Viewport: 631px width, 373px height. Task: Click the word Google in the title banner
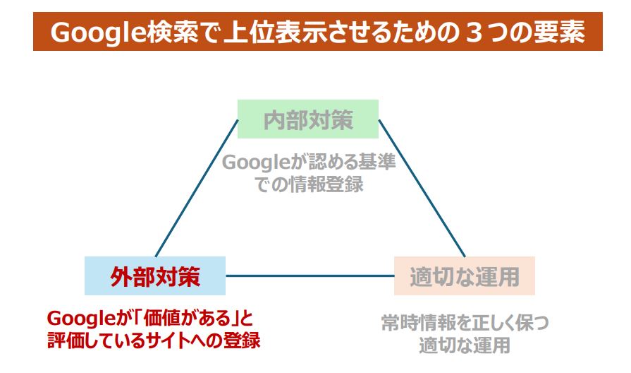click(98, 32)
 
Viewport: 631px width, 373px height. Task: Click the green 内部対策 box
click(308, 119)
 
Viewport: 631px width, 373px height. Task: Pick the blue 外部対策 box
click(155, 276)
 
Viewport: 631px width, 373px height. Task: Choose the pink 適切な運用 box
click(465, 276)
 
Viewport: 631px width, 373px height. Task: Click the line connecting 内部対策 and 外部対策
click(197, 188)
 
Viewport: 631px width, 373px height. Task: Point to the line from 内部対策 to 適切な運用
click(422, 188)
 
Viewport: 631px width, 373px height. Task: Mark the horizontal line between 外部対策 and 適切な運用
click(310, 276)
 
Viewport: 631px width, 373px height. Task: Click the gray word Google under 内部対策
click(256, 162)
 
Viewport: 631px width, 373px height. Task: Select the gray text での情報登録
click(309, 184)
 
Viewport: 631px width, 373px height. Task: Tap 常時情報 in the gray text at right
click(417, 323)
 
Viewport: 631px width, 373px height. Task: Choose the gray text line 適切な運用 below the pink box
click(465, 345)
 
